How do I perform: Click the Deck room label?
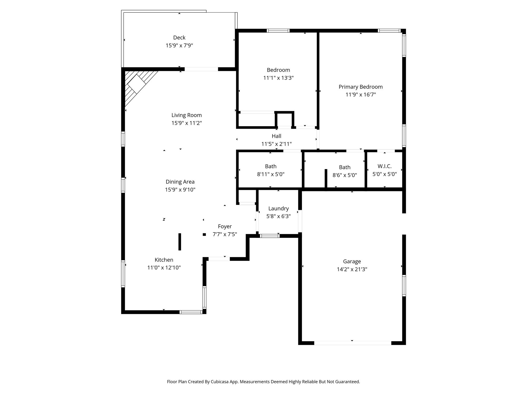[179, 38]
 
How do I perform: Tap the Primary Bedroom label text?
[360, 87]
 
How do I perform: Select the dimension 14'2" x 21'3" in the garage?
[352, 269]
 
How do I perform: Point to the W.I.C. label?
[384, 166]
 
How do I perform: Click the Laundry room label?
[279, 209]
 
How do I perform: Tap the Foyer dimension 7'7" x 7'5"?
[225, 234]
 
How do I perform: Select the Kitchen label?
[164, 260]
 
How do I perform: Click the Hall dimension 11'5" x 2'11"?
[276, 144]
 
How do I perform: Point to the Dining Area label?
[180, 182]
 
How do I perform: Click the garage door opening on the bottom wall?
[353, 343]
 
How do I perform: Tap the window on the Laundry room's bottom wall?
[270, 236]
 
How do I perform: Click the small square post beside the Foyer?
[204, 234]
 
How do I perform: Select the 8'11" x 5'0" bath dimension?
[271, 174]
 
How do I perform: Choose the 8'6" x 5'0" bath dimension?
[345, 175]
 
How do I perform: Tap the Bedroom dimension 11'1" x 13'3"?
[278, 78]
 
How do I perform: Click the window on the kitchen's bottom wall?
[191, 312]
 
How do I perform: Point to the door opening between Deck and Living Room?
[201, 69]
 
